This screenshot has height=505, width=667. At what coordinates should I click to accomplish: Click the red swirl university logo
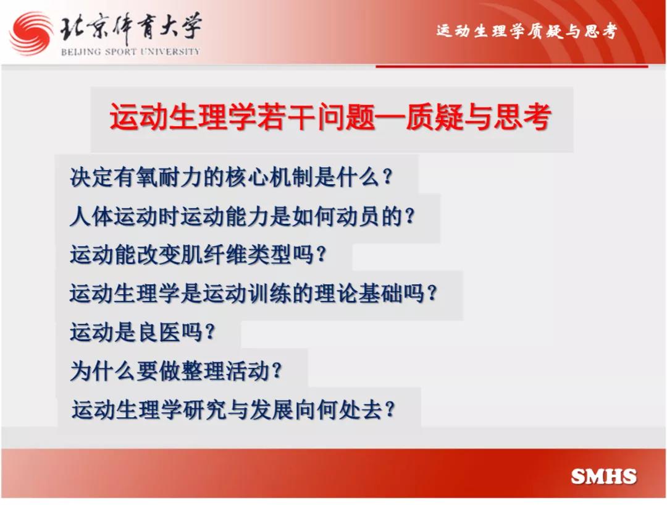pyautogui.click(x=31, y=33)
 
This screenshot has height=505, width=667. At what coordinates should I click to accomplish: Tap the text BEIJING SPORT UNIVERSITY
pyautogui.click(x=130, y=52)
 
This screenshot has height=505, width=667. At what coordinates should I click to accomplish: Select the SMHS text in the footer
pyautogui.click(x=603, y=477)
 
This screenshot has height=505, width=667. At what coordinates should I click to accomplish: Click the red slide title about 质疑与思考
pyautogui.click(x=330, y=117)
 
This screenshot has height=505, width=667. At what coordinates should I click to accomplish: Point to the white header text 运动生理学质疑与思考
pyautogui.click(x=527, y=31)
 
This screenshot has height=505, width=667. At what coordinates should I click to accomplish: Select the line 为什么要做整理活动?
pyautogui.click(x=175, y=371)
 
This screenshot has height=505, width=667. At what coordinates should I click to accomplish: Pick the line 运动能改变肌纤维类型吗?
pyautogui.click(x=198, y=255)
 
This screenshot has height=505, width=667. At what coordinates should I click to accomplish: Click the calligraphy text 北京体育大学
pyautogui.click(x=130, y=28)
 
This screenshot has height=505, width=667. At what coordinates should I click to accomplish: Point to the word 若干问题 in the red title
pyautogui.click(x=316, y=117)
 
